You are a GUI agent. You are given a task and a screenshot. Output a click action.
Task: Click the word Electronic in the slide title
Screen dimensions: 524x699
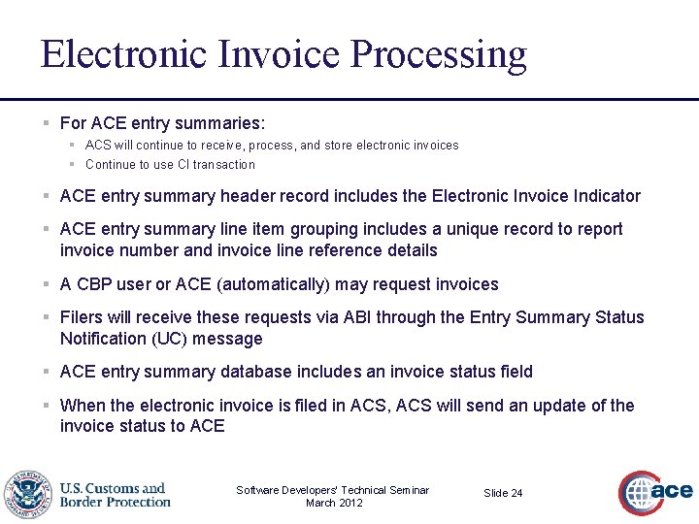pyautogui.click(x=123, y=54)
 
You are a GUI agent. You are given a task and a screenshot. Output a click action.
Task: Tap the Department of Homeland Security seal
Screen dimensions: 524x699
pyautogui.click(x=27, y=495)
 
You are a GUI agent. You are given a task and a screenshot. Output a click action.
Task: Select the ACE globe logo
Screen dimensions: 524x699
pyautogui.click(x=654, y=493)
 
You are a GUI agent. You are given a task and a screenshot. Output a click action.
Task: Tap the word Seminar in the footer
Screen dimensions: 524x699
pyautogui.click(x=407, y=490)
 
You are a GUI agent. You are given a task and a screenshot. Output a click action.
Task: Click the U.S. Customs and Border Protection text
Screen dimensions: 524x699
pyautogui.click(x=115, y=495)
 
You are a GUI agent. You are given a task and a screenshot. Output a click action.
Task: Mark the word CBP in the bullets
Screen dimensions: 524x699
pyautogui.click(x=95, y=284)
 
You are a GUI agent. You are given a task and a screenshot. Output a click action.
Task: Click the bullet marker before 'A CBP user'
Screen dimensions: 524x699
pyautogui.click(x=46, y=284)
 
